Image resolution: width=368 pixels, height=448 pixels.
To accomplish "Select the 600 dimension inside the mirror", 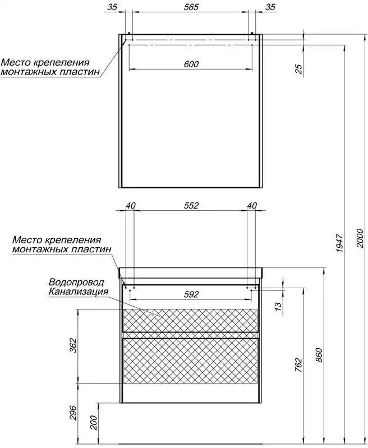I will coord(191,64).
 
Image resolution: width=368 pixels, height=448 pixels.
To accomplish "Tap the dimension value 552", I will coord(191,206).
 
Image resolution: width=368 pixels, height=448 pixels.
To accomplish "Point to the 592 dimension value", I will coord(191,294).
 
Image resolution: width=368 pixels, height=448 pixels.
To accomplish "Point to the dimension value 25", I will coord(298,68).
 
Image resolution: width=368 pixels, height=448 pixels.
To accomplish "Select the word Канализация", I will coord(78,291).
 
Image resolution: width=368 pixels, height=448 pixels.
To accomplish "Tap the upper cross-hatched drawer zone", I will coord(191,320).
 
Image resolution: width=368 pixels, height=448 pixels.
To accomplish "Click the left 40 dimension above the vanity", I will coord(130,206).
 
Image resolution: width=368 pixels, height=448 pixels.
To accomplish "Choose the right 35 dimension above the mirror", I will coord(270,7).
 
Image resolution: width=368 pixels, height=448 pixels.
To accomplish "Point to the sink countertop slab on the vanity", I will coord(191,273).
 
